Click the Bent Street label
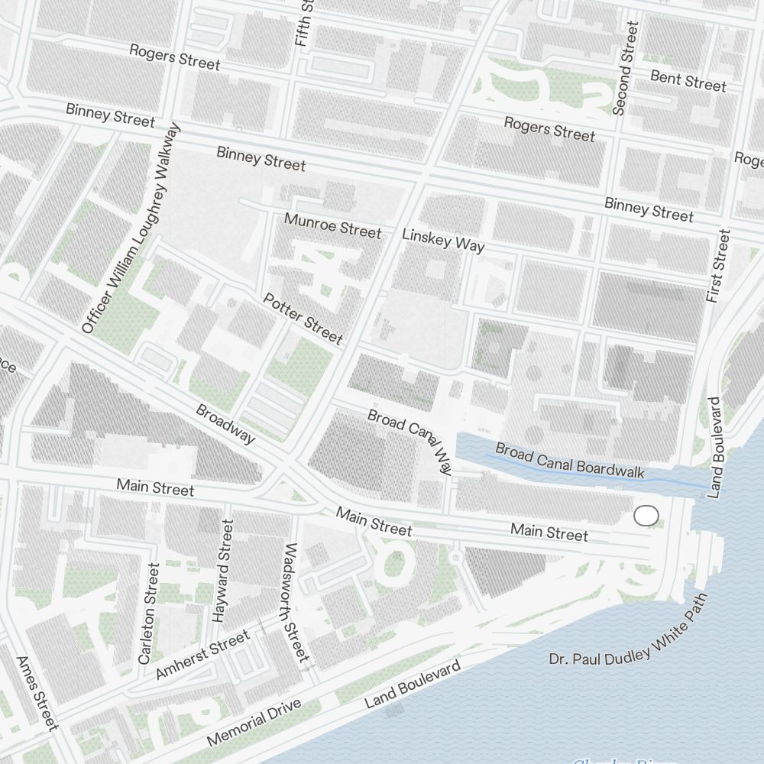(x=688, y=80)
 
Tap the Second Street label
(x=624, y=69)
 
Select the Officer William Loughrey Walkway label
(x=132, y=228)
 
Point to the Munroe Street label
(x=332, y=225)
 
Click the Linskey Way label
(x=443, y=241)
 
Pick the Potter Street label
(x=303, y=318)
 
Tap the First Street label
(x=719, y=266)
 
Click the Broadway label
(x=225, y=424)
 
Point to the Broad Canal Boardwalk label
(x=570, y=461)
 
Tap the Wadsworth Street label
(x=295, y=603)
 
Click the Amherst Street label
(x=202, y=656)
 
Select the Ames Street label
(x=37, y=692)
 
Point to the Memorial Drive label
(x=255, y=723)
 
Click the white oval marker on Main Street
(x=646, y=516)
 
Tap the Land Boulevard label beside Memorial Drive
(x=413, y=685)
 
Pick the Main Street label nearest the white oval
(x=549, y=533)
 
